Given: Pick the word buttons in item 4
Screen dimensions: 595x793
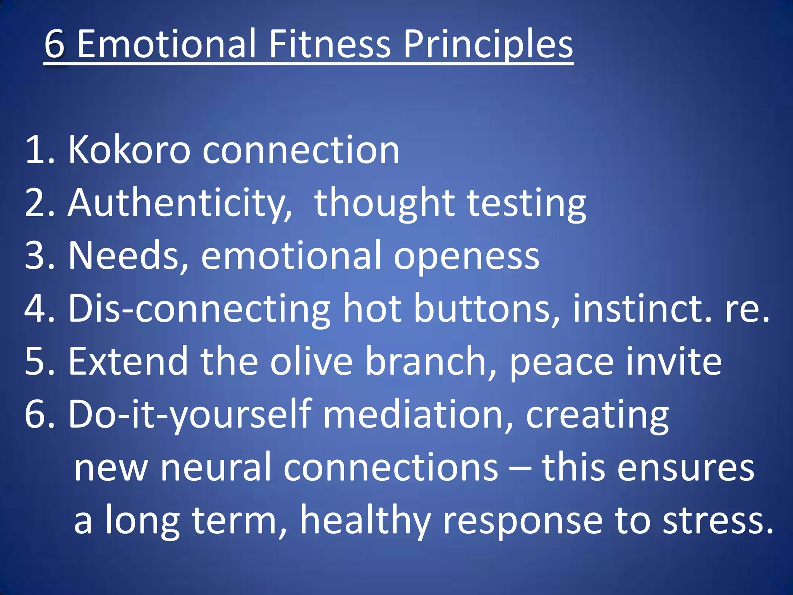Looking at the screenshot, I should click(x=486, y=308).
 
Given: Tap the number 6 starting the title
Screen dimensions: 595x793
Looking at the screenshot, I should click(x=54, y=44).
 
